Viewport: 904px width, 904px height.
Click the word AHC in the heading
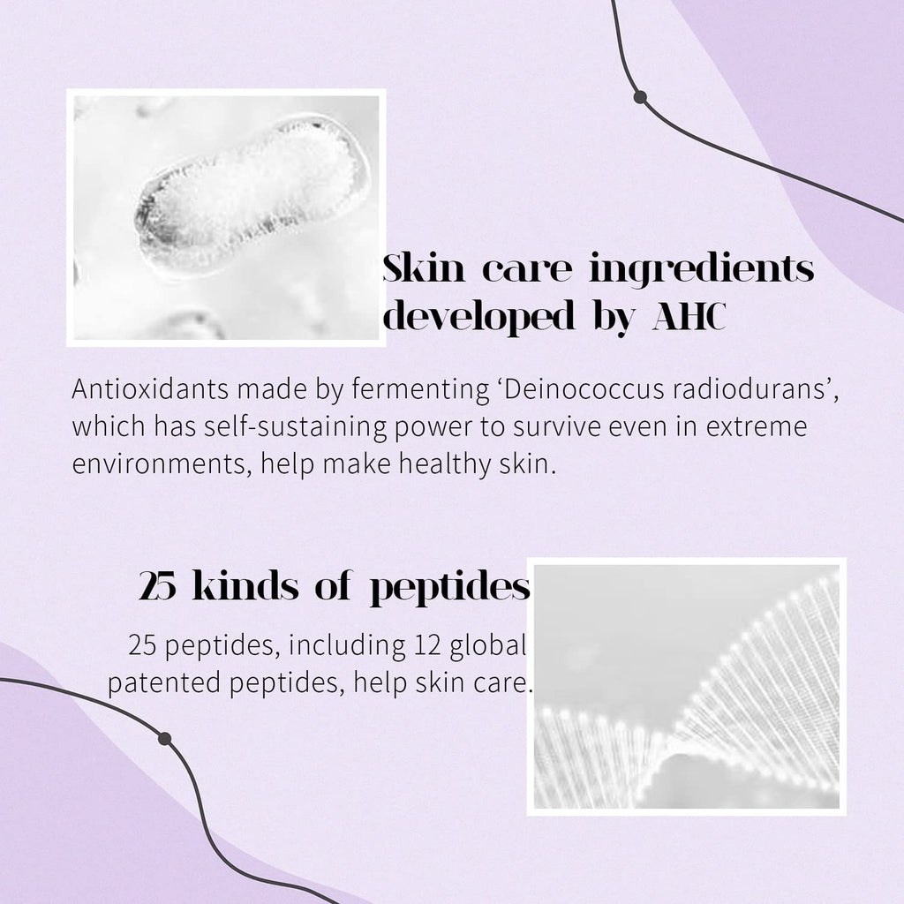[x=689, y=316]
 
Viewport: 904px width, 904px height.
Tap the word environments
[x=162, y=464]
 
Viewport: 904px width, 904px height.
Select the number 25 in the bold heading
[x=157, y=586]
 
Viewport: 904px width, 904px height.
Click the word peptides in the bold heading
[x=449, y=589]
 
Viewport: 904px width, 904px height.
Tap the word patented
[x=163, y=683]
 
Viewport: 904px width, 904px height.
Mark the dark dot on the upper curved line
[x=639, y=97]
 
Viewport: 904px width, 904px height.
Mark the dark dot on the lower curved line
[x=164, y=739]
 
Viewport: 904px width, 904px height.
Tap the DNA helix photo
[x=687, y=687]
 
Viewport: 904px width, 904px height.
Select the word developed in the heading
[x=480, y=316]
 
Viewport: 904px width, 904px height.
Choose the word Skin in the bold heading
[x=424, y=267]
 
